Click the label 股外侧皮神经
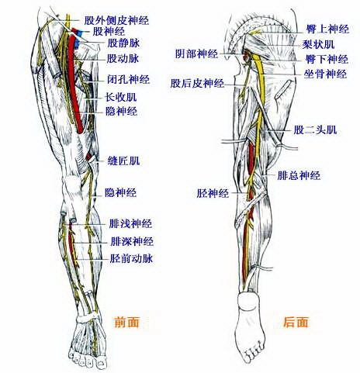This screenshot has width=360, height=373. click(116, 20)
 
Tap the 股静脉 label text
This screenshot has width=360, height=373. click(123, 43)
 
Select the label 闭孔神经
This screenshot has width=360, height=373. click(129, 79)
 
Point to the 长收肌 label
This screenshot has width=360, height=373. click(120, 97)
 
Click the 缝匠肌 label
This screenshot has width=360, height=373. click(123, 161)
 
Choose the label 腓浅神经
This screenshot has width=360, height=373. click(130, 223)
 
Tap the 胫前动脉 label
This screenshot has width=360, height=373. click(131, 258)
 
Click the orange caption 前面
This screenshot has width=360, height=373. click(126, 322)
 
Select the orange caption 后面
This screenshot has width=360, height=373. click(296, 322)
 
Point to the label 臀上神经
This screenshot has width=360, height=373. click(327, 29)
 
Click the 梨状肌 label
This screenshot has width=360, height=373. click(318, 44)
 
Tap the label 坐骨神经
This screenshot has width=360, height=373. click(325, 74)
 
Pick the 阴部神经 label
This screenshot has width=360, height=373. click(197, 54)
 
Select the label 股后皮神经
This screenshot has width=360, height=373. click(197, 84)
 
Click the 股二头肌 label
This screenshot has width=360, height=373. click(315, 130)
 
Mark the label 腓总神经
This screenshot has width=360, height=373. click(299, 175)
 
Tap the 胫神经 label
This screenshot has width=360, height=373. click(213, 193)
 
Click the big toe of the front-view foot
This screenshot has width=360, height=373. click(101, 362)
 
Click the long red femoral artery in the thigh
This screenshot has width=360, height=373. click(77, 80)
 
